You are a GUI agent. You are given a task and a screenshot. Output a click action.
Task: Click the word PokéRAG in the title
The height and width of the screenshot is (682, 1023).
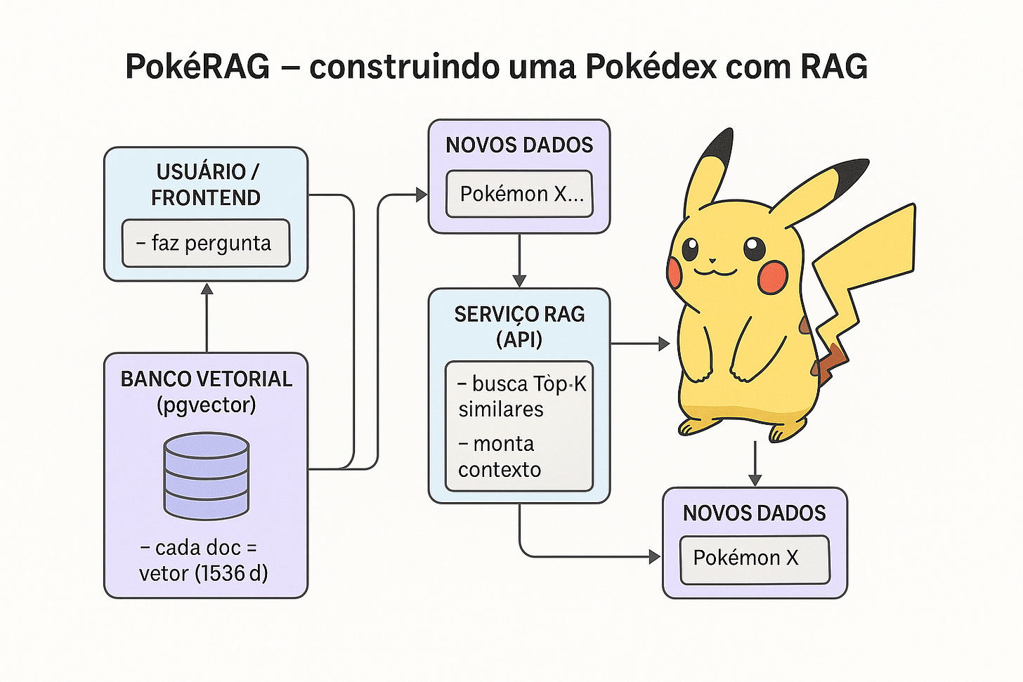point(197,67)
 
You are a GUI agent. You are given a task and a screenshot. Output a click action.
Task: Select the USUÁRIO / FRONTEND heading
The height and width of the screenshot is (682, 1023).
point(206,185)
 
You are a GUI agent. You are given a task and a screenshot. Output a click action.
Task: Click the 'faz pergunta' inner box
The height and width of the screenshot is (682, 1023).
point(206,244)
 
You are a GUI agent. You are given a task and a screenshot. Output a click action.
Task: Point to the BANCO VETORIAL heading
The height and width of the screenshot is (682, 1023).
point(207,379)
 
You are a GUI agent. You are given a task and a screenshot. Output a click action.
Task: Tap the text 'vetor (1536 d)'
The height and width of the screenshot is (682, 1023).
point(204,574)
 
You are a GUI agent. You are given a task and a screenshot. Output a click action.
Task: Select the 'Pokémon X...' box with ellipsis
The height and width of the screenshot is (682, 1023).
point(520,194)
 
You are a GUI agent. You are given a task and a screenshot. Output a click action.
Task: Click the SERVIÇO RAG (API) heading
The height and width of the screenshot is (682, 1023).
point(519,327)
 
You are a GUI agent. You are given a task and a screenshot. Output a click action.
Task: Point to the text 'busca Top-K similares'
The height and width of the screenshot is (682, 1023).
point(520,397)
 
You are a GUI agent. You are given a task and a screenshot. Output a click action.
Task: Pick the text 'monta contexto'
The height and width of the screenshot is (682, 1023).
point(500,457)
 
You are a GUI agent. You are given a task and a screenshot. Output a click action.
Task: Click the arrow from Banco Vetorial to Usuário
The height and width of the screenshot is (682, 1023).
point(207,316)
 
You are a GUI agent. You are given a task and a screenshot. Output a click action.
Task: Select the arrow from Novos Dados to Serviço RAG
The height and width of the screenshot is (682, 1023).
point(519,260)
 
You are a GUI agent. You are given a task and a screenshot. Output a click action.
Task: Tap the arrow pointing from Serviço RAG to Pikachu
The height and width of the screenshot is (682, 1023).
point(639,343)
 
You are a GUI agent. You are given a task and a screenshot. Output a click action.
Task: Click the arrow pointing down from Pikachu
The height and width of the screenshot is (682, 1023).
point(755,464)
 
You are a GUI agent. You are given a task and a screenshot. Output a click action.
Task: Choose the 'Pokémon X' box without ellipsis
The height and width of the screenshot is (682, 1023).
point(755,558)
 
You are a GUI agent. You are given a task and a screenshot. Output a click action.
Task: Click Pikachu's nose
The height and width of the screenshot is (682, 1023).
point(715,258)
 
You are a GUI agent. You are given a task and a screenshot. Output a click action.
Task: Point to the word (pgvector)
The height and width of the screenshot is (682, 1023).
point(206,405)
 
